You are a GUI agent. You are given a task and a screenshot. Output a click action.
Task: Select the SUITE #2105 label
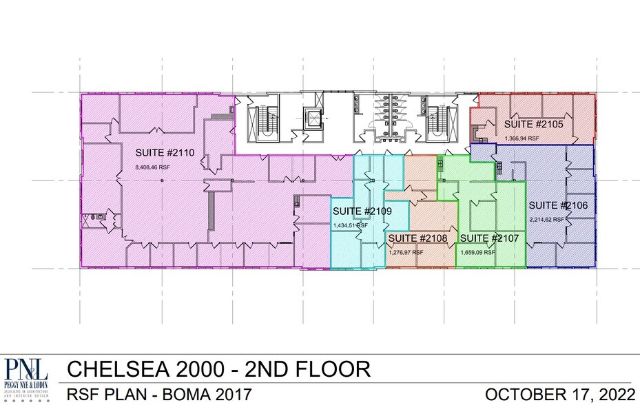click(x=533, y=125)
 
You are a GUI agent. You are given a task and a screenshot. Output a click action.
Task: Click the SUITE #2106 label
click(x=557, y=205)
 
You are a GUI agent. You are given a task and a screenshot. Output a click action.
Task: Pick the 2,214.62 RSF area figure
click(x=547, y=219)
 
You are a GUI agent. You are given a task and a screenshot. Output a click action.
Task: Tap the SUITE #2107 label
click(x=489, y=238)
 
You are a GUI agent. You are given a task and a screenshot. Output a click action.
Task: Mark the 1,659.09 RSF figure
click(x=478, y=252)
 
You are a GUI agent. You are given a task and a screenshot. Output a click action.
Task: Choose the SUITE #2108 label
click(x=418, y=238)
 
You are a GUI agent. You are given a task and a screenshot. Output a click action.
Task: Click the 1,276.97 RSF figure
click(x=406, y=252)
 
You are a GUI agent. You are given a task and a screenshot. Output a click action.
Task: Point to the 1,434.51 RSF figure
click(x=351, y=225)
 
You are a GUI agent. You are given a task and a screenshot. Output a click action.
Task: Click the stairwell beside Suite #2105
click(x=435, y=121)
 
